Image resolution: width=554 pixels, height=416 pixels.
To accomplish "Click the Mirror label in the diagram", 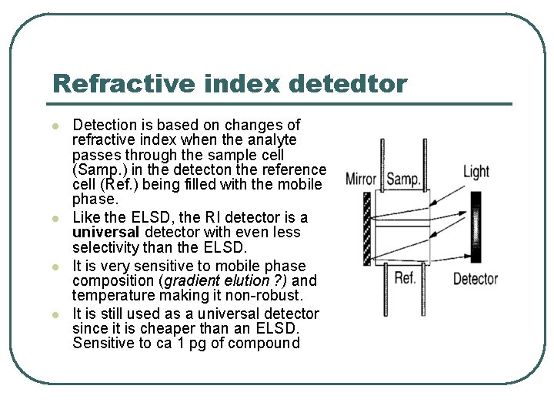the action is (361, 179).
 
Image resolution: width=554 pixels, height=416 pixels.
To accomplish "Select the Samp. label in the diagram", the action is (403, 179).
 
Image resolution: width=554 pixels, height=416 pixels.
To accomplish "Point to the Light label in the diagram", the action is (476, 171).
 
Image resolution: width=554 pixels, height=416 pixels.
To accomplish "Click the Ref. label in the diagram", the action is (405, 277).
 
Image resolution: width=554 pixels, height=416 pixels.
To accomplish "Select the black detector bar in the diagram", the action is (475, 228).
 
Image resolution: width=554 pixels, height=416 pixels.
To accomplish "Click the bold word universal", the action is (105, 233).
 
